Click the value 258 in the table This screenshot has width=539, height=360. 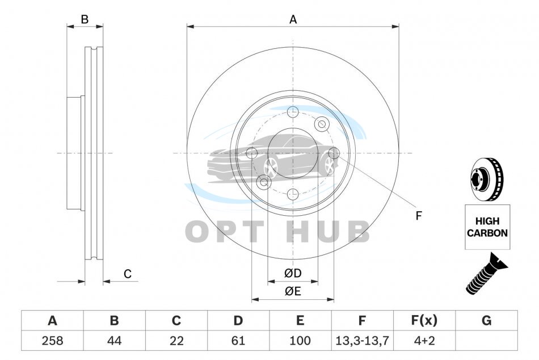point(52,341)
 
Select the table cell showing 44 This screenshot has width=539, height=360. point(114,341)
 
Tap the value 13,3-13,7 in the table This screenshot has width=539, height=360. point(362,341)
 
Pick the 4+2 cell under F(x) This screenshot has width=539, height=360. point(424,341)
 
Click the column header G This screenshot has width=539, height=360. point(486,321)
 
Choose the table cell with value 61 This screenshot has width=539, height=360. point(238,341)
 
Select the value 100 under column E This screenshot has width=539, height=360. point(300,341)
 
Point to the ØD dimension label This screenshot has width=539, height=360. point(293,273)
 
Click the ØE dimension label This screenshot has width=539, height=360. point(293,291)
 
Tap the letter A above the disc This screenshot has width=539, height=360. point(293,20)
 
